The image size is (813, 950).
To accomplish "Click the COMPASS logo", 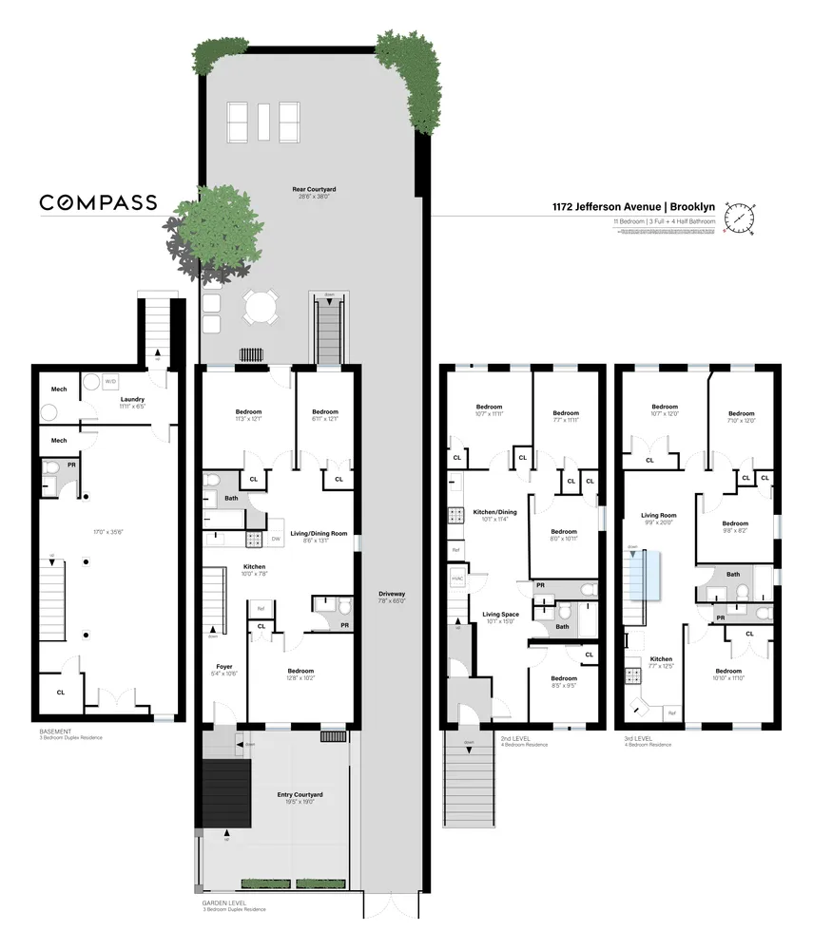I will coord(98,202).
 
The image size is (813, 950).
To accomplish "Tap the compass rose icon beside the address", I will coord(739,218).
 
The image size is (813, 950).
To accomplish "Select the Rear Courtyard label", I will coord(313,190).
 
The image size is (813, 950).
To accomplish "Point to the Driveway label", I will coord(392,594).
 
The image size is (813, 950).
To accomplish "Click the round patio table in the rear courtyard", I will coord(260,306).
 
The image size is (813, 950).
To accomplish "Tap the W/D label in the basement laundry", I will coord(110,381).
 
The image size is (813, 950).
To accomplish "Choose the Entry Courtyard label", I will coord(300,794).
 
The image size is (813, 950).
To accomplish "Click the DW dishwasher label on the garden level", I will coord(276,539).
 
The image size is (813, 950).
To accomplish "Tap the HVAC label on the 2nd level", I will coord(455,579).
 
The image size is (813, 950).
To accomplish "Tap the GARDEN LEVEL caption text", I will coord(224,903).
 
